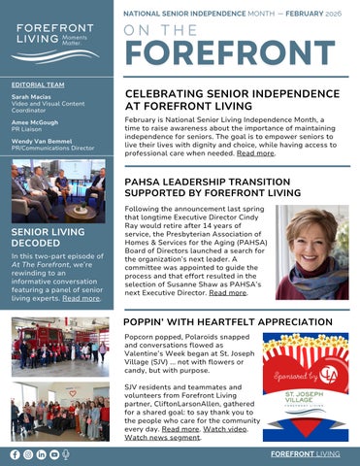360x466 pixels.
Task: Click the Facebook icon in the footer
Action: [14, 454]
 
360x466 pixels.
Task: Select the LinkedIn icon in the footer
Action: [40, 454]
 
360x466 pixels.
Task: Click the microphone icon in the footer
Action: [65, 454]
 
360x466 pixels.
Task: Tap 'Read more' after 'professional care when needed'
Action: [255, 152]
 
